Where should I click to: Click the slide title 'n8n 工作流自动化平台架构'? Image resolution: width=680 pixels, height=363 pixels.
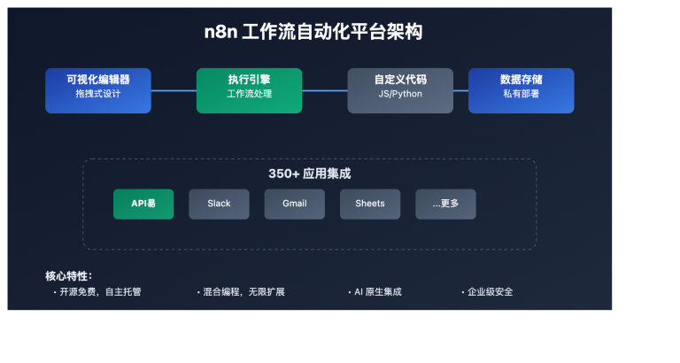tap(309, 33)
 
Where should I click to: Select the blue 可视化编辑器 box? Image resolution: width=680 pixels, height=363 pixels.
tap(98, 90)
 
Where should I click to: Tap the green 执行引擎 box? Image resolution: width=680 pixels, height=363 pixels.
tap(249, 90)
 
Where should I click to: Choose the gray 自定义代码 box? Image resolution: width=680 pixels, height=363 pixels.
tap(400, 90)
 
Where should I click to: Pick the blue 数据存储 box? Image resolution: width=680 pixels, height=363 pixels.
tap(521, 90)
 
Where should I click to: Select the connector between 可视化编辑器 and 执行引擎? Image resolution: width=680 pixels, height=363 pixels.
tap(174, 90)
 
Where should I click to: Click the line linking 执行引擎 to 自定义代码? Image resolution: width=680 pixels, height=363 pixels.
tap(324, 90)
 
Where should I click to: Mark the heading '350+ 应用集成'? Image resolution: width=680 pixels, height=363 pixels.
tap(309, 174)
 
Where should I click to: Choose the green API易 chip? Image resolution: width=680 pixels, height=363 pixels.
tap(143, 204)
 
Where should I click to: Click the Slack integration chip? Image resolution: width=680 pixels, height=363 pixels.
tap(219, 204)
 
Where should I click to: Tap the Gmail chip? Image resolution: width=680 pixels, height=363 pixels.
tap(294, 204)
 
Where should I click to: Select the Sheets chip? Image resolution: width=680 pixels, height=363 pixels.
tap(370, 204)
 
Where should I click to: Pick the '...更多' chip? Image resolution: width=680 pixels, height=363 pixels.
tap(445, 204)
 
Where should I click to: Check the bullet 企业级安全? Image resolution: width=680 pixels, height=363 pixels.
tap(490, 292)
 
